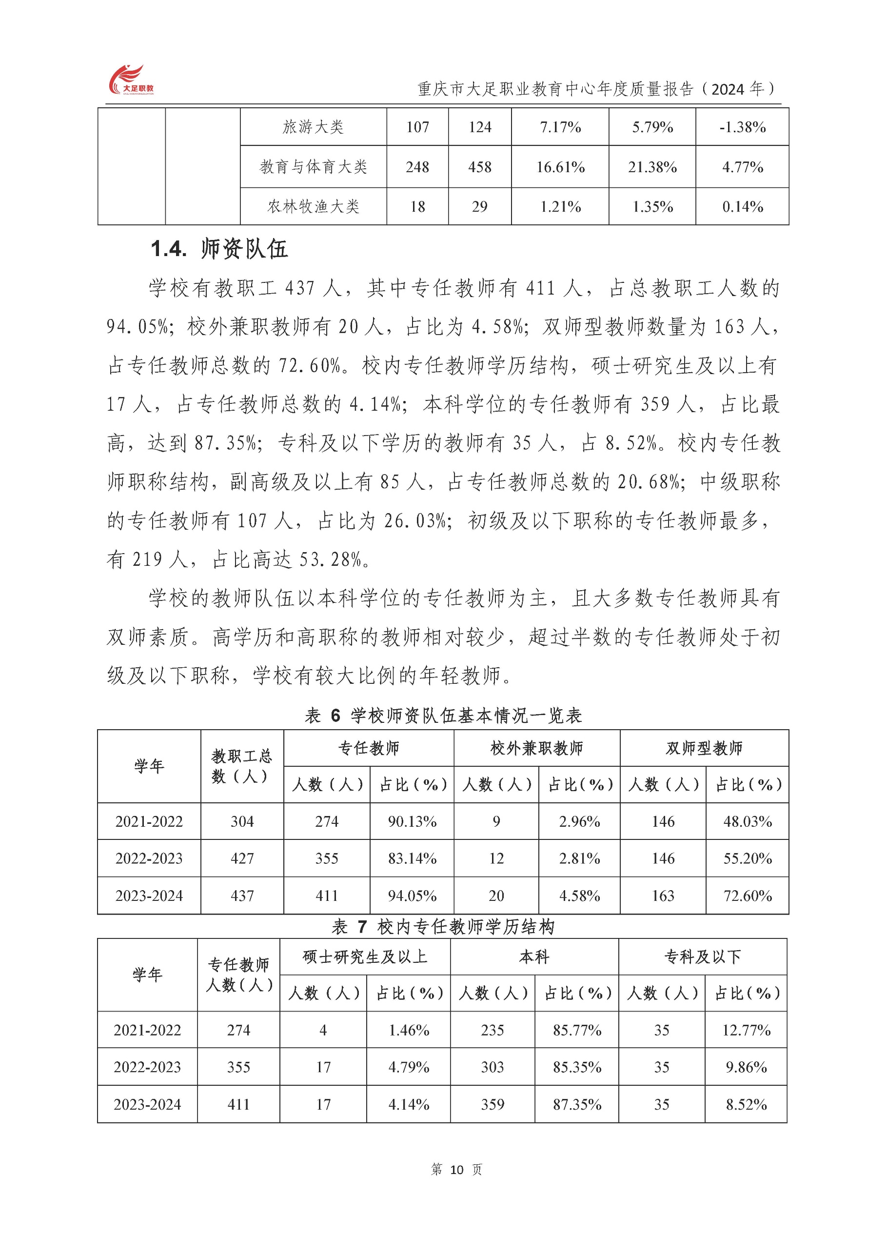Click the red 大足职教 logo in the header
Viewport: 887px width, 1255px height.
point(131,80)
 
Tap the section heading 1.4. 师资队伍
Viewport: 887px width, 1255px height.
point(218,249)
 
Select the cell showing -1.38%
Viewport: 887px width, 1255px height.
point(742,127)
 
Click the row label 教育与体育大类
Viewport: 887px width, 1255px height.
point(313,167)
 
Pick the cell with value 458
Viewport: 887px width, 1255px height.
point(479,167)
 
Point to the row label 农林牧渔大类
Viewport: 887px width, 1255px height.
point(313,207)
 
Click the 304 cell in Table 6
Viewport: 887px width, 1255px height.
point(241,821)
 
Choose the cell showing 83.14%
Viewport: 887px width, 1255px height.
point(412,859)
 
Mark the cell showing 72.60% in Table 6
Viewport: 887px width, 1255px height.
point(747,896)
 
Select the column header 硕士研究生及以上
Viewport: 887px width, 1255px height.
point(365,957)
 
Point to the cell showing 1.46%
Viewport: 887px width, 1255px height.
point(408,1030)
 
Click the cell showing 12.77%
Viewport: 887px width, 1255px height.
point(746,1030)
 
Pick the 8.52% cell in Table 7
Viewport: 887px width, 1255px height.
point(746,1104)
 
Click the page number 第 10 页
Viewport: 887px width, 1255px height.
point(456,1170)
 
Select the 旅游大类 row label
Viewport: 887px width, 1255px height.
point(313,127)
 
